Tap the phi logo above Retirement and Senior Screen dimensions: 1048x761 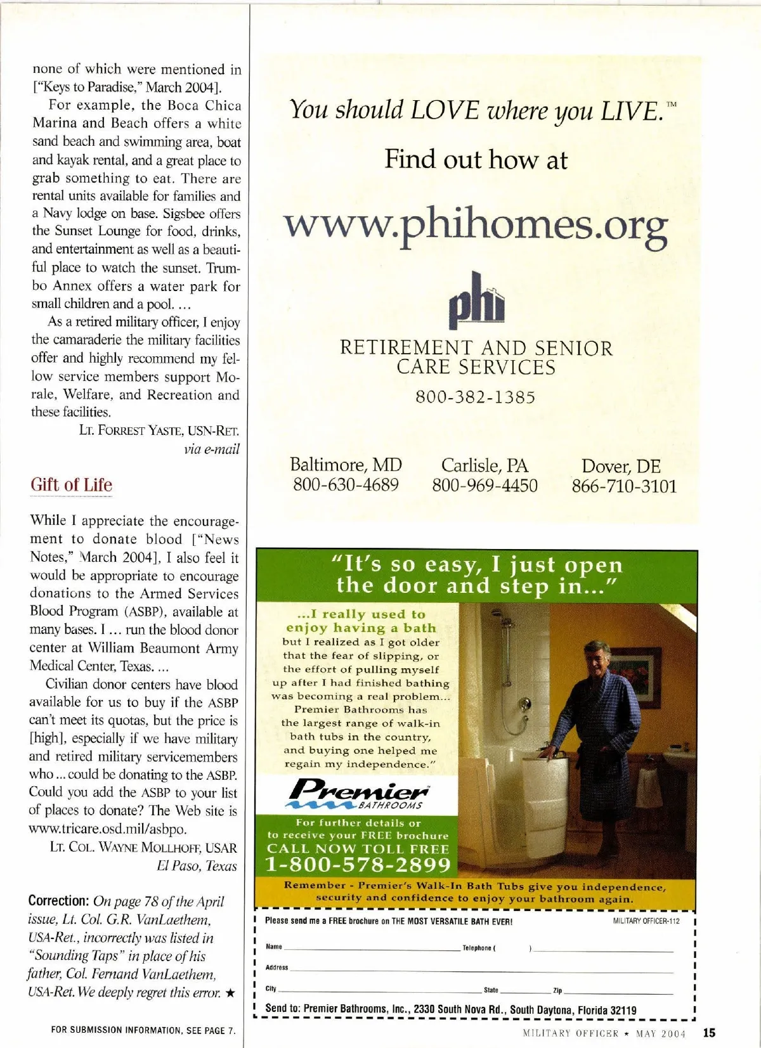(x=476, y=302)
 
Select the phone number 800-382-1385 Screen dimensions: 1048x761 (x=476, y=398)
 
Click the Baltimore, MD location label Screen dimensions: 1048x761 (x=346, y=465)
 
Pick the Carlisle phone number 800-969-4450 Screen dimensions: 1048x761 (x=485, y=486)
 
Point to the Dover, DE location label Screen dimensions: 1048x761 (x=621, y=467)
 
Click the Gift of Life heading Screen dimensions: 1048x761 (x=71, y=485)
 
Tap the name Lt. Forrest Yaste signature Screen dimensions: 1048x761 (x=159, y=431)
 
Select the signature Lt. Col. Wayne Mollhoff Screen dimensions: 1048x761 (x=143, y=848)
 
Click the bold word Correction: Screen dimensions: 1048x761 (x=58, y=901)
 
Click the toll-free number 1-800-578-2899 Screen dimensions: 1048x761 (x=358, y=865)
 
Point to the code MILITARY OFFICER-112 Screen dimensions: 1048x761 (x=646, y=921)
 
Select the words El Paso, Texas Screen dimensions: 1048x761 (x=197, y=866)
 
